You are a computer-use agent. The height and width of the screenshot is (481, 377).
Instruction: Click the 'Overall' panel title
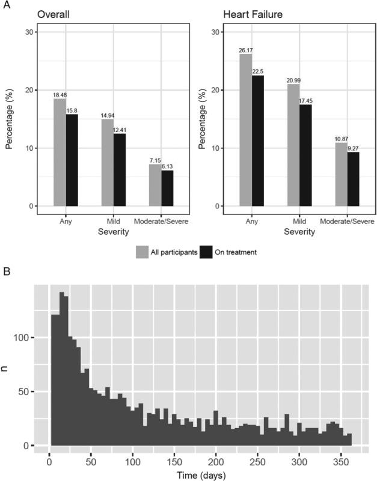tap(52, 14)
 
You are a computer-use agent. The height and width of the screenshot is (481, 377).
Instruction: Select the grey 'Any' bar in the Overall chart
tap(60, 153)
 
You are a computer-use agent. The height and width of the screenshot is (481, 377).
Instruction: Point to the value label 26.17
tap(245, 50)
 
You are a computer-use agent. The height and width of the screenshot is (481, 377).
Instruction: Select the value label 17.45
tap(306, 101)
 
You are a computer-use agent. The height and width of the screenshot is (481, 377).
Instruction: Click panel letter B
tap(5, 272)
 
